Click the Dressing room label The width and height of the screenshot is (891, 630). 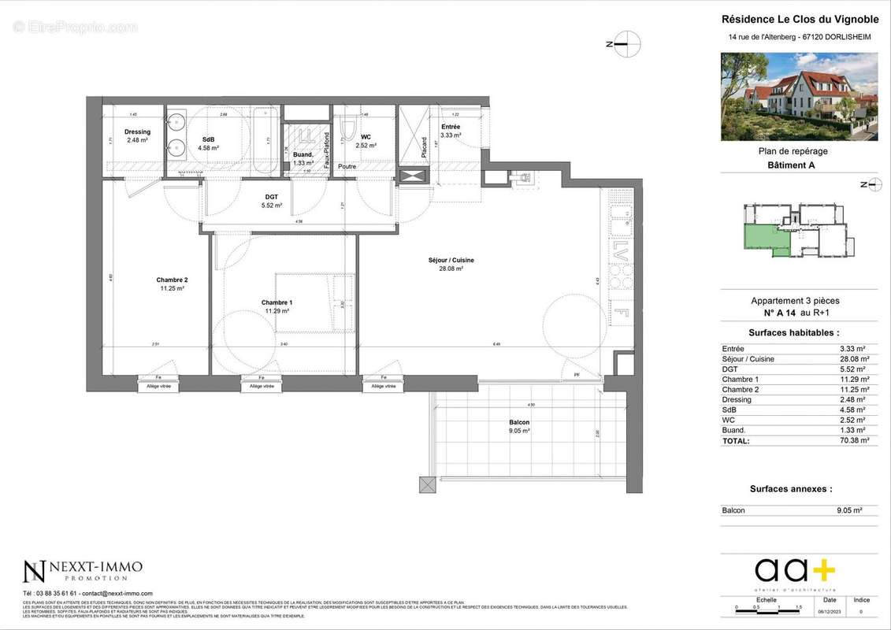click(137, 132)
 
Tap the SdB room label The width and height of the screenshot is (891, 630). click(208, 139)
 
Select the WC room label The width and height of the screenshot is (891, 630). click(366, 137)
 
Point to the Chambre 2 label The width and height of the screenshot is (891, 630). click(172, 280)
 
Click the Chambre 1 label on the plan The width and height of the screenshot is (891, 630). click(277, 303)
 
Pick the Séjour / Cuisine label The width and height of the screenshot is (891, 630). click(451, 261)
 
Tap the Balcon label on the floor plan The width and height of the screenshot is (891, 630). click(519, 423)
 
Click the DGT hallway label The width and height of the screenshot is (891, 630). click(270, 197)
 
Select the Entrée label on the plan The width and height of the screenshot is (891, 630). click(451, 127)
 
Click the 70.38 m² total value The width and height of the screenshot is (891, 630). click(854, 441)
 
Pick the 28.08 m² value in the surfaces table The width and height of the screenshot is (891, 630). click(854, 359)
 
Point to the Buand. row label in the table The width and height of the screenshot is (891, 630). click(733, 431)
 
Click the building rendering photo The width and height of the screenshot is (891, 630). click(799, 97)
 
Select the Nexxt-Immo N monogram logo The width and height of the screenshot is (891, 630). click(34, 572)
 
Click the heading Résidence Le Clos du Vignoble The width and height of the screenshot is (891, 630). click(799, 20)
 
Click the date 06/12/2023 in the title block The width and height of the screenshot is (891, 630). click(830, 611)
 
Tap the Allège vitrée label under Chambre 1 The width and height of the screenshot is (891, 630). click(262, 387)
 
